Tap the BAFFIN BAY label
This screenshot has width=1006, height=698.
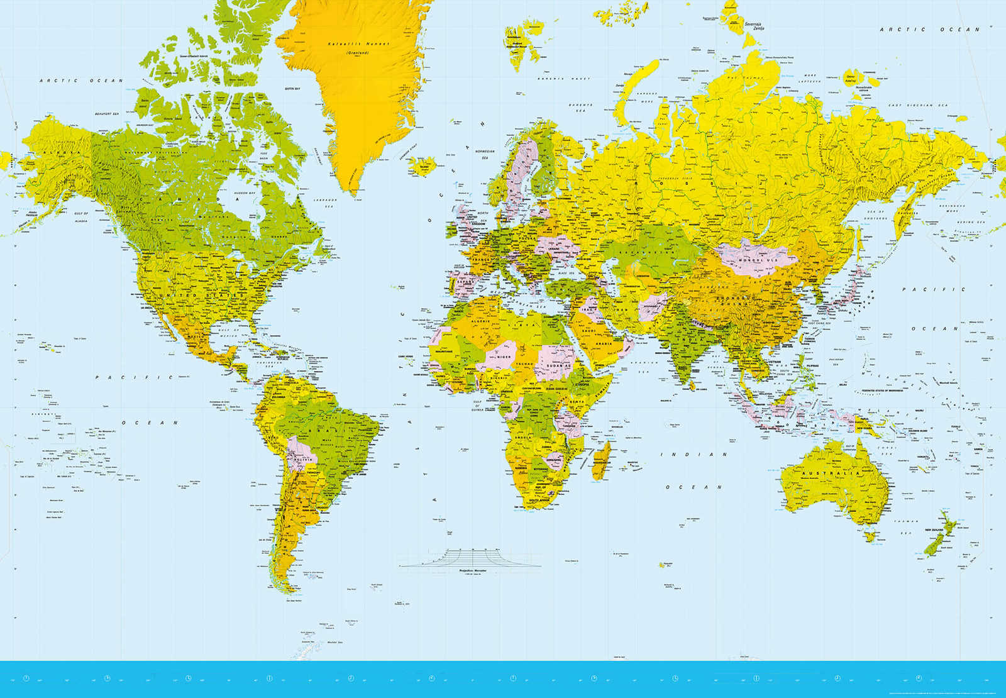tap(292, 89)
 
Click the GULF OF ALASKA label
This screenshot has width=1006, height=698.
tap(81, 218)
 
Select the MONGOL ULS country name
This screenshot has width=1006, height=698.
tap(758, 260)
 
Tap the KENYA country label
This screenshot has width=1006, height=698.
tap(577, 401)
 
